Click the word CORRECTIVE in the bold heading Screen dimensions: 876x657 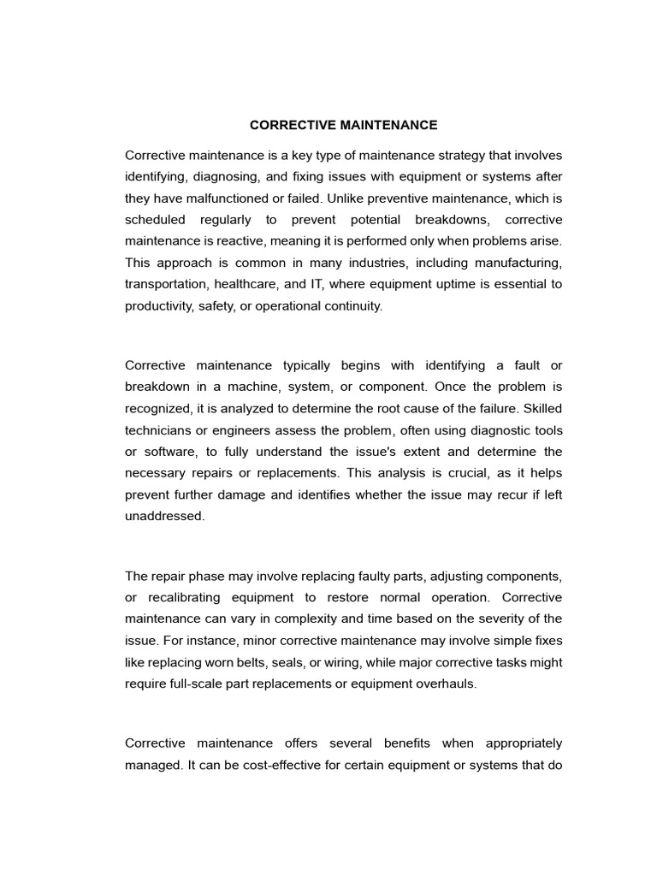[282, 125]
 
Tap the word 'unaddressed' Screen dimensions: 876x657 [163, 516]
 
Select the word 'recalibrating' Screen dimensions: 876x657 [196, 597]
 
